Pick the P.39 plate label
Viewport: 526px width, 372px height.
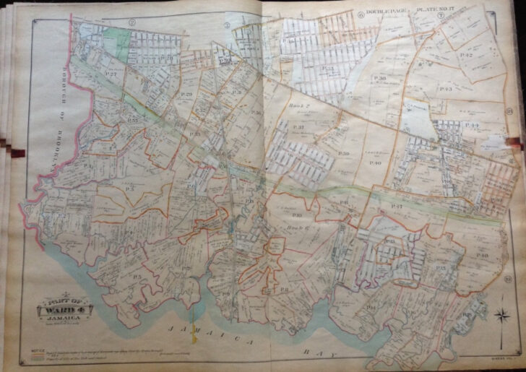point(344,153)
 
